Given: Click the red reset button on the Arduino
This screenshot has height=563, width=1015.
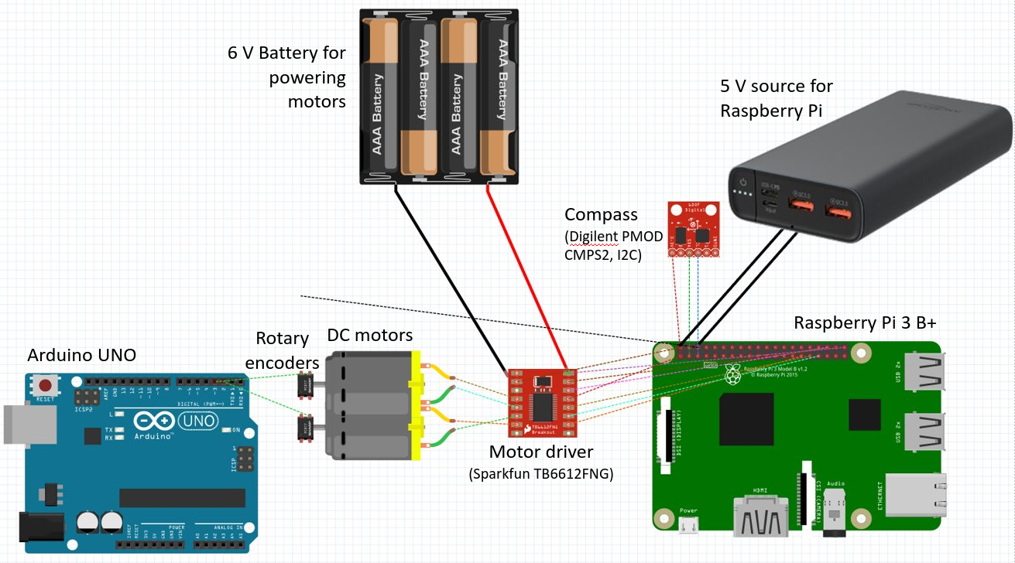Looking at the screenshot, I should tap(46, 384).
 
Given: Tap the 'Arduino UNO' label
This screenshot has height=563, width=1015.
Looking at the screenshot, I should tap(81, 355).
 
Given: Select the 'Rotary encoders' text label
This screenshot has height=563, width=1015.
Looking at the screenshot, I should tap(287, 350).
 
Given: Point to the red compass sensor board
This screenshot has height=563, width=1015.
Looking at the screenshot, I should tap(694, 229).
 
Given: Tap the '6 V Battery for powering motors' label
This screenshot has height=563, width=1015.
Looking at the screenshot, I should tap(286, 77).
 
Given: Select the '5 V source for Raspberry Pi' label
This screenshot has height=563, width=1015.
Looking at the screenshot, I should tap(776, 98).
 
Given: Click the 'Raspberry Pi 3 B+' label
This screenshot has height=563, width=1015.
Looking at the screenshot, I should tap(865, 323).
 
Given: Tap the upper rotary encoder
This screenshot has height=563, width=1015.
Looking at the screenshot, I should tap(305, 384).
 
